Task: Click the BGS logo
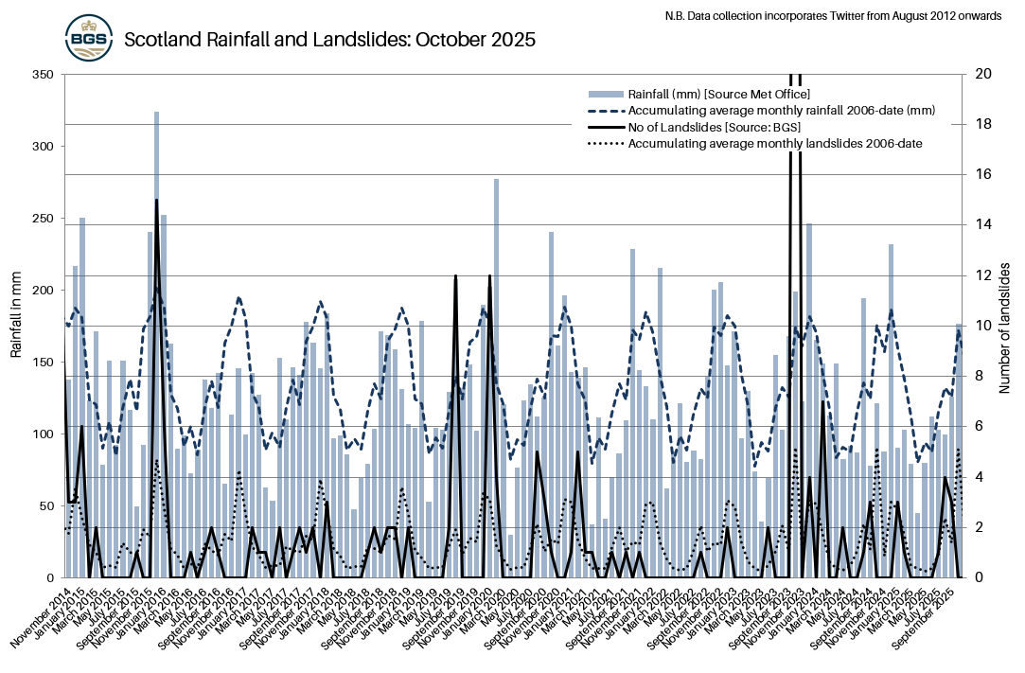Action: coord(90,39)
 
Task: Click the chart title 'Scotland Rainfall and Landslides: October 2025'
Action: coord(330,40)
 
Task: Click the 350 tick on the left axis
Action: coord(43,74)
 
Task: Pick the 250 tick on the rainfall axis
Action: coord(43,218)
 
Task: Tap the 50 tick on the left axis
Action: coord(45,505)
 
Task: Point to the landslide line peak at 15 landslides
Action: coord(156,202)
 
